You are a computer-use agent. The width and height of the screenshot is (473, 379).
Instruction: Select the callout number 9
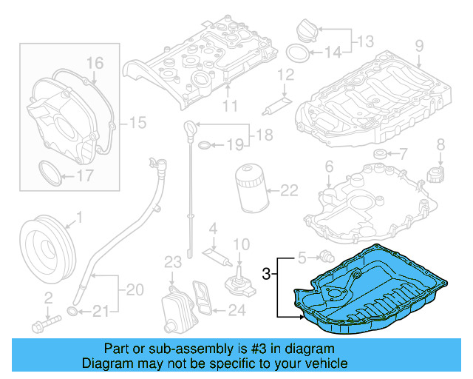point(419,46)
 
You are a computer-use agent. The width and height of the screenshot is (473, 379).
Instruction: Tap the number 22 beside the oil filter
point(289,190)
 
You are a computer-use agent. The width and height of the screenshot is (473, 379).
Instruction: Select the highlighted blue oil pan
point(370,289)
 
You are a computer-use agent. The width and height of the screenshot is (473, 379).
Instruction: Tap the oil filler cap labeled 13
point(305,31)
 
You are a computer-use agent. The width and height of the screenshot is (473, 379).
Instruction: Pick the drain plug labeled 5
point(324,258)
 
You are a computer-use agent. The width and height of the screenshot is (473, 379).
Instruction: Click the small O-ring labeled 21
point(72,309)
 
